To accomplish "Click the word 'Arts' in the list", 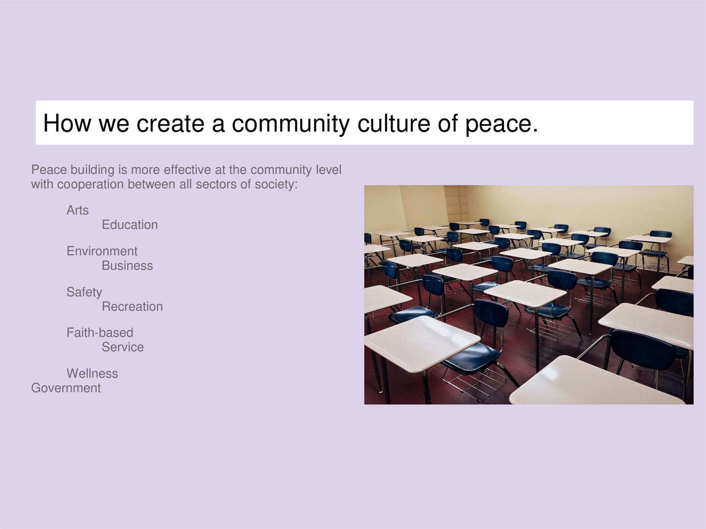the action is tap(77, 210).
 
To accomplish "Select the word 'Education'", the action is tap(130, 225).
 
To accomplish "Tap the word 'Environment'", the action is tap(102, 251).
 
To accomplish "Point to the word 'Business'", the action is tap(127, 266).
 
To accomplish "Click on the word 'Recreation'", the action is tap(132, 306).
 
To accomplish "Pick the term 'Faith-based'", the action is tap(100, 333).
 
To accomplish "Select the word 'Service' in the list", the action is tap(123, 347).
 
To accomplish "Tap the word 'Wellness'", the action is tap(92, 373).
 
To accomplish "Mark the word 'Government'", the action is tap(66, 388).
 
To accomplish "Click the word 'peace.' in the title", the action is tap(501, 124).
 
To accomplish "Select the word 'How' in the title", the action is tap(67, 123).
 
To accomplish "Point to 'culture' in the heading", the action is tap(394, 123).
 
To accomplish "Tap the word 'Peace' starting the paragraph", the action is tap(49, 170).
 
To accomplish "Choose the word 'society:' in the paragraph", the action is tap(276, 185).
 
